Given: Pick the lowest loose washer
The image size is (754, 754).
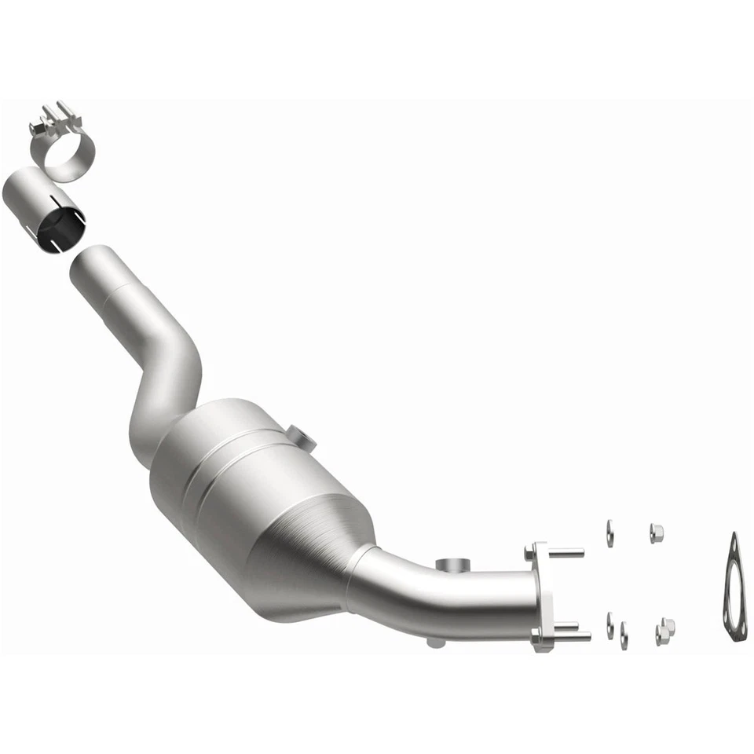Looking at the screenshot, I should (x=624, y=635).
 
